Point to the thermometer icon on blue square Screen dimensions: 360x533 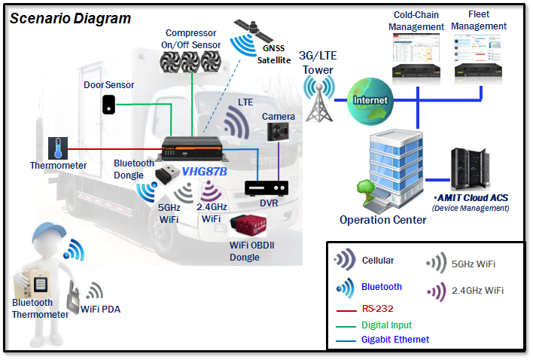pos(57,148)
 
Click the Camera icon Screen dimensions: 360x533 pos(279,133)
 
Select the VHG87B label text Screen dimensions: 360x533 pos(205,171)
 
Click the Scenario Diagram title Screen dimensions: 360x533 pos(70,17)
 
